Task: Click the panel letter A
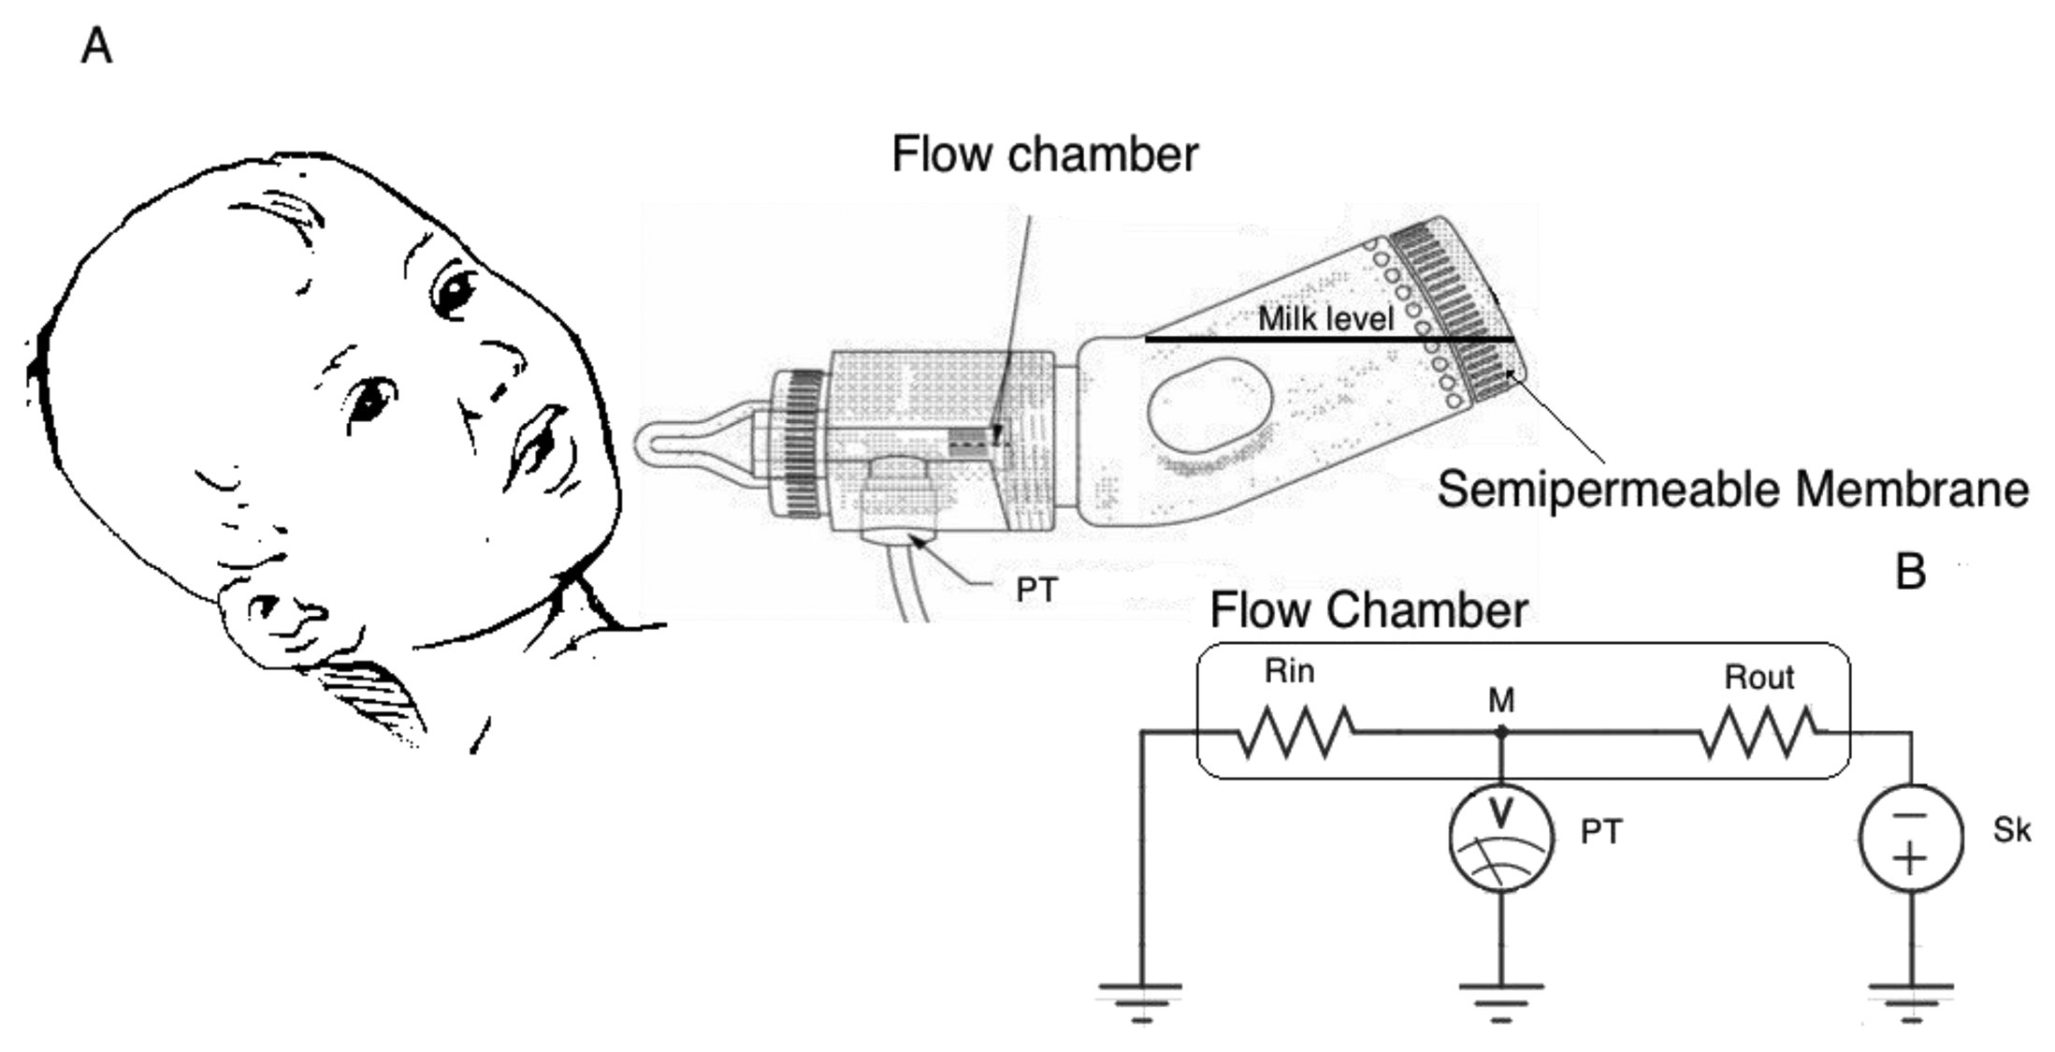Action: click(96, 46)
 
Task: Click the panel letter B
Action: click(1910, 571)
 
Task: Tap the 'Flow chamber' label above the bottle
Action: click(1044, 154)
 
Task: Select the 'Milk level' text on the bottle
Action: click(1325, 318)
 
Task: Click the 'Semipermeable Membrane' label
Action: click(1732, 489)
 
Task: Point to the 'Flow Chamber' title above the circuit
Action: click(1368, 610)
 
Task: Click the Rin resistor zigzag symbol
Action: click(1295, 732)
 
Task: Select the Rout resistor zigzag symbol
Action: click(1758, 732)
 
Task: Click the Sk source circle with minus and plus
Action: click(1910, 837)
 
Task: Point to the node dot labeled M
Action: click(1501, 732)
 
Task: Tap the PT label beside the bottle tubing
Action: click(1036, 591)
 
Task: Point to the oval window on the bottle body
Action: click(1208, 407)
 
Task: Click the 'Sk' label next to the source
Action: click(2011, 830)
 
